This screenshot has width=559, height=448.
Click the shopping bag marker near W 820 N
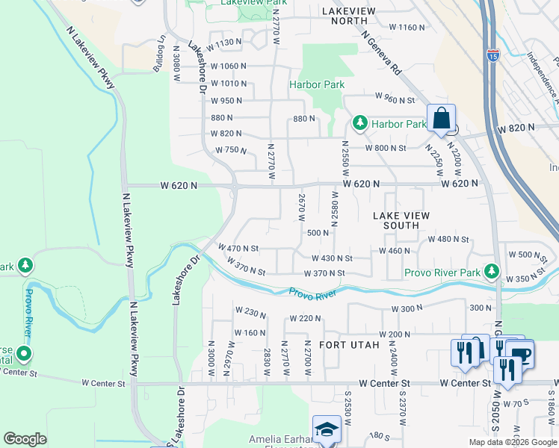tap(442, 119)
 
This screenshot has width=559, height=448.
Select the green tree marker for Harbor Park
tap(360, 122)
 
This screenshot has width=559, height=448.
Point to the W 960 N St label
tap(390, 99)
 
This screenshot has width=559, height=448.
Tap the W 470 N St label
tap(238, 248)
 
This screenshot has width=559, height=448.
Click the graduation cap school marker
tap(327, 430)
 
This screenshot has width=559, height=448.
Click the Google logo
tap(25, 439)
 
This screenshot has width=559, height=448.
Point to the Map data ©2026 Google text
tap(513, 442)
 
